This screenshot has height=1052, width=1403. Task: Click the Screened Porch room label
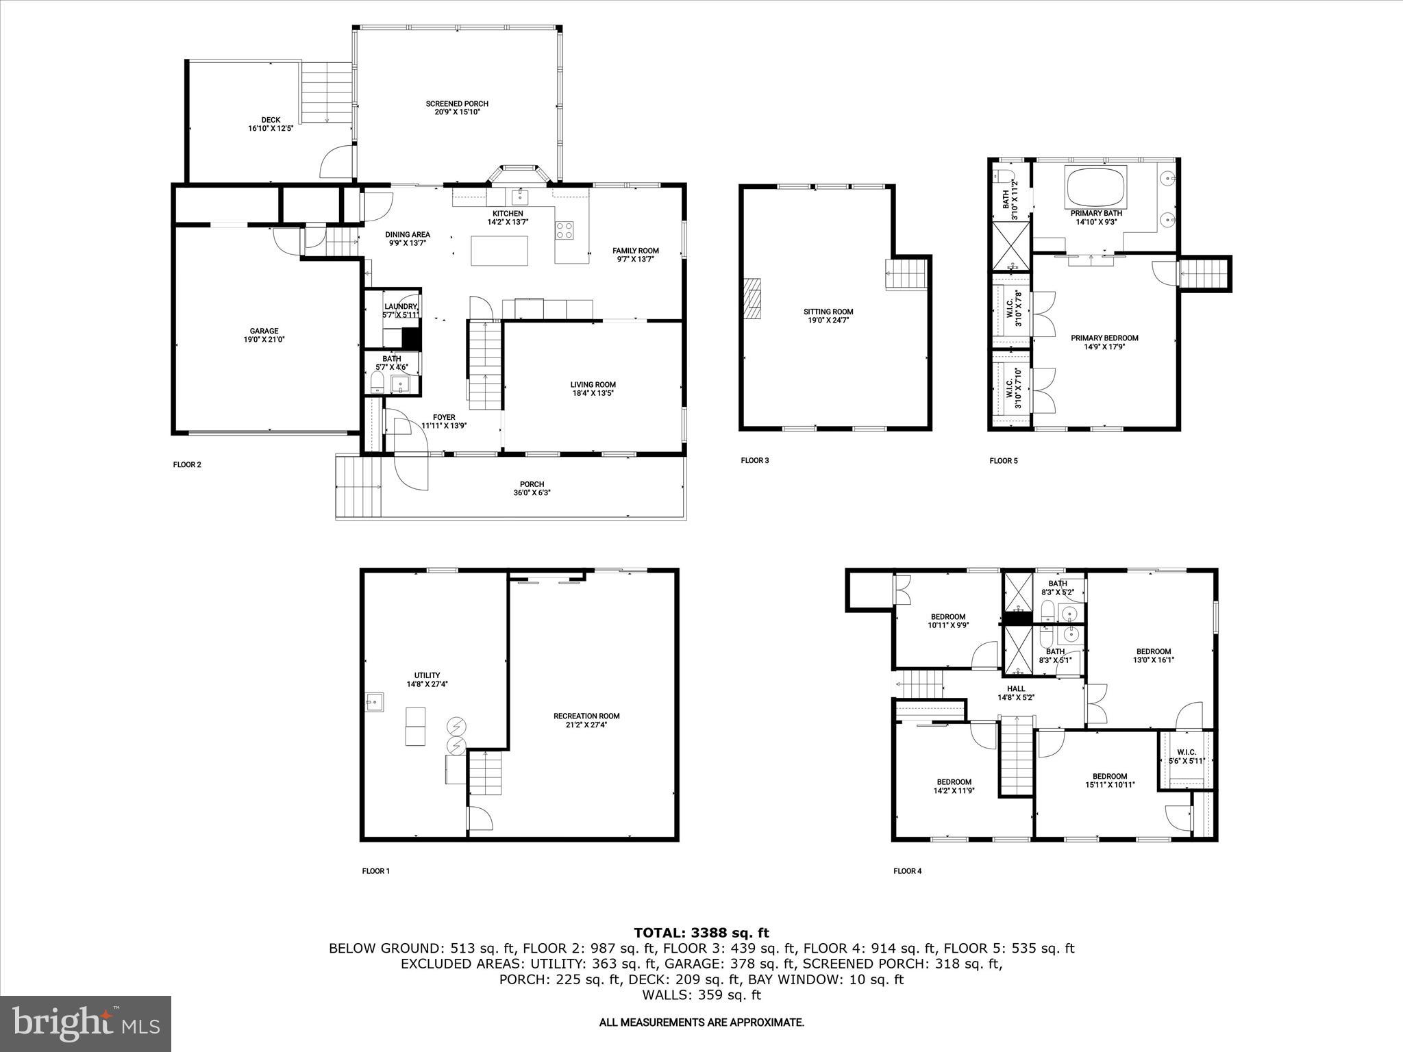[457, 104]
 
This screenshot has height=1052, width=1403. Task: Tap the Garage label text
[264, 331]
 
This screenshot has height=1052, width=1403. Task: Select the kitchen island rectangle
[499, 250]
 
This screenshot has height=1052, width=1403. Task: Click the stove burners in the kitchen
[564, 230]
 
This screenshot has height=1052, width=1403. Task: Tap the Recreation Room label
[586, 716]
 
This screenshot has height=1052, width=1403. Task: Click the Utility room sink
[375, 701]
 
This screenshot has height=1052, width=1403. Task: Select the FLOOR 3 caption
[754, 460]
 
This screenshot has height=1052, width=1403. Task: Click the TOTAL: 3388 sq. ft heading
[701, 932]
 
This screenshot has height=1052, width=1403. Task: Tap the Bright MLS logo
[86, 1023]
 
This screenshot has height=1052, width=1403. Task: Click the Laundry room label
[401, 306]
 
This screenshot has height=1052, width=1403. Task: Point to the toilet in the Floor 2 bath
[377, 382]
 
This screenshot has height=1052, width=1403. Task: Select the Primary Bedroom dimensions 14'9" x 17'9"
[1104, 347]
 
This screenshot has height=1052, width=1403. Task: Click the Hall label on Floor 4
[1016, 689]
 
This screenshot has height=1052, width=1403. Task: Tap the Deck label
[271, 120]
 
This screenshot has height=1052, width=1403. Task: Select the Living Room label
[593, 384]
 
